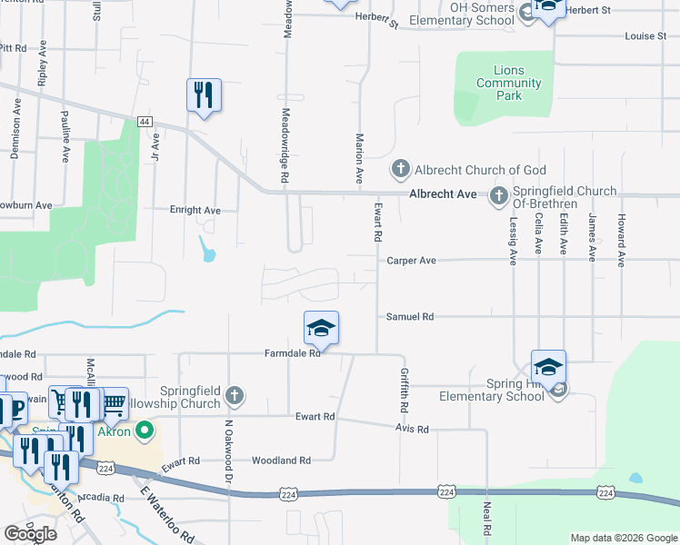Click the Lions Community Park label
tap(509, 83)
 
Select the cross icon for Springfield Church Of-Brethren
tap(498, 195)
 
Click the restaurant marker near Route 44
tap(204, 94)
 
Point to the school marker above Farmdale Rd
tap(321, 328)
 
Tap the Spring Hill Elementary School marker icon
tap(548, 367)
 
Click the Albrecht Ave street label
tap(443, 194)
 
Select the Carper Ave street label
tap(412, 261)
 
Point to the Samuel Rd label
tap(410, 317)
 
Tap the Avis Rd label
tap(412, 429)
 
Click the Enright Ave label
tap(195, 210)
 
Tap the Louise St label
tap(645, 36)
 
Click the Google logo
tap(31, 534)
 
